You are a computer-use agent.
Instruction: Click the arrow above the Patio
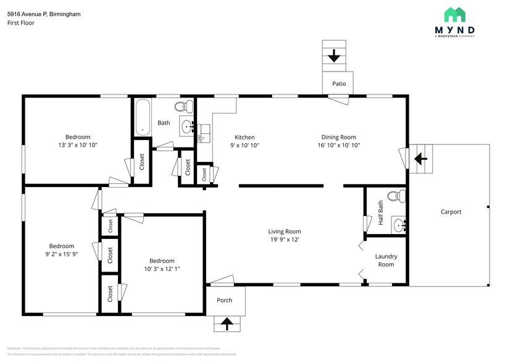point(334,56)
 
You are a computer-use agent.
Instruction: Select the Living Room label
point(285,232)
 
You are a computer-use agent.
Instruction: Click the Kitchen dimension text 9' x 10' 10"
point(244,145)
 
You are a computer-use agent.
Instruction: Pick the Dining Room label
point(338,137)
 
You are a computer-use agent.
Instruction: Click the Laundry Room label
point(386,260)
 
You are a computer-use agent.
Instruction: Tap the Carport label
point(451,212)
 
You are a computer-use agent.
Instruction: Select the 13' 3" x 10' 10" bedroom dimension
point(78,145)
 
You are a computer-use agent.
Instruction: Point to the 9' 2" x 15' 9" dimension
point(62,254)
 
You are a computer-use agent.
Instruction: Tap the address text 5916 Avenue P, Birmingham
point(44,14)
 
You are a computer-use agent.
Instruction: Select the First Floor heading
point(21,23)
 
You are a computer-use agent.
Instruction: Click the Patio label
point(339,83)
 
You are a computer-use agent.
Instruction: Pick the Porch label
point(224,301)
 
